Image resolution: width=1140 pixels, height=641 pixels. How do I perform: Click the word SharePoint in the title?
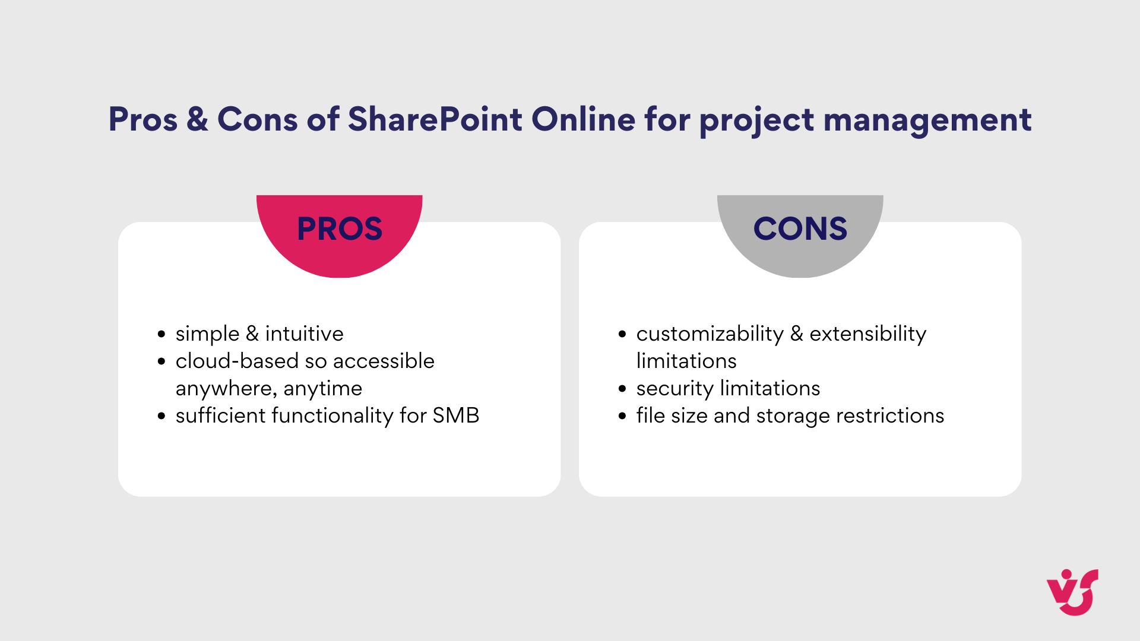(x=435, y=119)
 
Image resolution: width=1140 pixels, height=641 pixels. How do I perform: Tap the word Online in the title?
(x=583, y=119)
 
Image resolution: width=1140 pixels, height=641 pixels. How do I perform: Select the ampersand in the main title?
(x=197, y=119)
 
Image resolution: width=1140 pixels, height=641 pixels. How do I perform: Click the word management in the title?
(x=927, y=120)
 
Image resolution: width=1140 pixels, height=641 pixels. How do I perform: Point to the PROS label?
(x=340, y=229)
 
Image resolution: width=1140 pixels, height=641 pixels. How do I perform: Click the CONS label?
(x=800, y=229)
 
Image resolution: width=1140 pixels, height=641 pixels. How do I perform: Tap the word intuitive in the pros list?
(x=304, y=334)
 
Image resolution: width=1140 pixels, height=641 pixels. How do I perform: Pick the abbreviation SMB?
(x=455, y=415)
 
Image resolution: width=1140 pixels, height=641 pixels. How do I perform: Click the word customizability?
(x=710, y=334)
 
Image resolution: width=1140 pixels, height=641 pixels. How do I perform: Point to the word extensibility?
(x=867, y=334)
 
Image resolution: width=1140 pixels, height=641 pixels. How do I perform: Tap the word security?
(x=674, y=389)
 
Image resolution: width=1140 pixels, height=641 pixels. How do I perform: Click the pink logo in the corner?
(x=1072, y=592)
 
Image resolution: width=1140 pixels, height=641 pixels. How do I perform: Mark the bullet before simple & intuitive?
(x=161, y=334)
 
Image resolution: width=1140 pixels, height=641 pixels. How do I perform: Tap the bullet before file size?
(x=622, y=416)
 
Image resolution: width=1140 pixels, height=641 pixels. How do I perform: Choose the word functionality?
(x=332, y=416)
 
